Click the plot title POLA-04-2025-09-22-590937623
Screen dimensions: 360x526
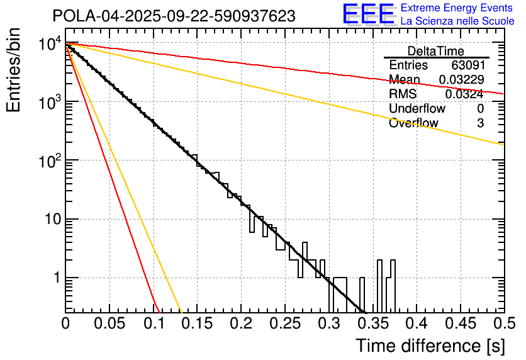click(x=174, y=16)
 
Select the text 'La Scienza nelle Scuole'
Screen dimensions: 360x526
click(x=457, y=21)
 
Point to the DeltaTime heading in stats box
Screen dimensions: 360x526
click(x=436, y=51)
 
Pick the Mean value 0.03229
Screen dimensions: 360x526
click(x=461, y=79)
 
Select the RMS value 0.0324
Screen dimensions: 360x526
click(x=464, y=94)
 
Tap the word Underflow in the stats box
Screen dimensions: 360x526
click(x=417, y=108)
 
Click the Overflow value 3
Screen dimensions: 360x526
click(x=480, y=123)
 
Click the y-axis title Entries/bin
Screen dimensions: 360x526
click(x=14, y=71)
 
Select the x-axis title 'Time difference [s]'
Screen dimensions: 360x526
click(x=429, y=345)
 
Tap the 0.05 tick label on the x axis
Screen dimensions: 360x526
click(x=109, y=323)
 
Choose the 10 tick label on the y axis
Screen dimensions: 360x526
click(x=50, y=220)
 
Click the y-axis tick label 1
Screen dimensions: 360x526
click(x=55, y=278)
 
